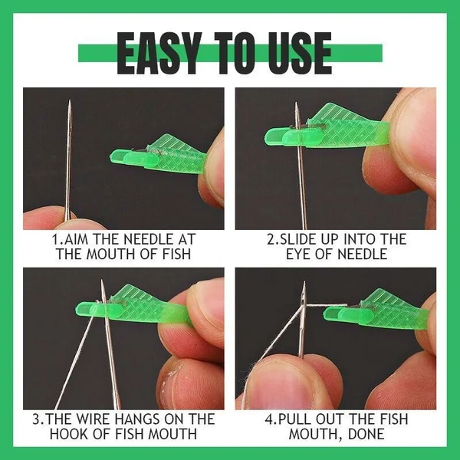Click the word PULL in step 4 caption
[x=296, y=419]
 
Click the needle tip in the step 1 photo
[x=68, y=103]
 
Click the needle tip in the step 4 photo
[x=305, y=283]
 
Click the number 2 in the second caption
[x=271, y=240]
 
